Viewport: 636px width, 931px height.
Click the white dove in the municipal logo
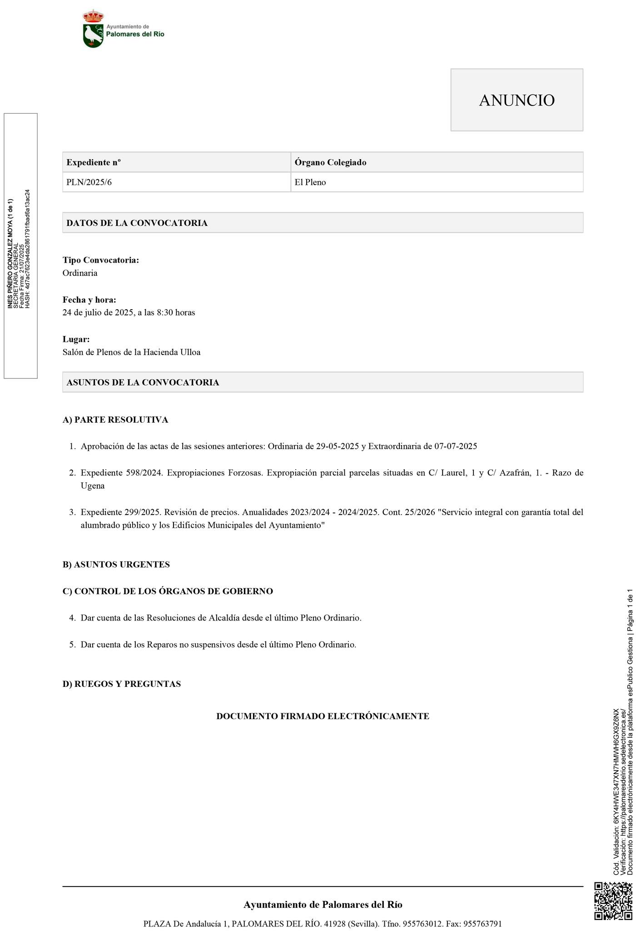pyautogui.click(x=93, y=35)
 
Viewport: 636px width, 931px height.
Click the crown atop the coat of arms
pyautogui.click(x=93, y=16)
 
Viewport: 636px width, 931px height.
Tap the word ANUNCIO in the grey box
pyautogui.click(x=517, y=100)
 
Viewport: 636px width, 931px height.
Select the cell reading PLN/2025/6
pyautogui.click(x=89, y=182)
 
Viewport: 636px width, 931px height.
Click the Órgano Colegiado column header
pyautogui.click(x=330, y=162)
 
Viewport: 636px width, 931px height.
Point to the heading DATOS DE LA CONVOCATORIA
pyautogui.click(x=137, y=223)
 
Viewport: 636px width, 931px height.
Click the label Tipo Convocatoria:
pyautogui.click(x=100, y=260)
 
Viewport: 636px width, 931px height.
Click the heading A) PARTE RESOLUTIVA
pyautogui.click(x=115, y=420)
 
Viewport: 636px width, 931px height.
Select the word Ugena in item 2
pyautogui.click(x=93, y=486)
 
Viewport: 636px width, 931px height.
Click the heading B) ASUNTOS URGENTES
pyautogui.click(x=116, y=565)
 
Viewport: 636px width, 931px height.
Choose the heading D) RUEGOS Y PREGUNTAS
pyautogui.click(x=122, y=684)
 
